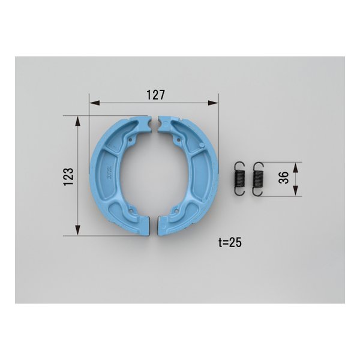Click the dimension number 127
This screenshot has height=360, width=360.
coord(155,95)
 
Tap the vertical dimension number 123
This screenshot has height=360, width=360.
coord(69,177)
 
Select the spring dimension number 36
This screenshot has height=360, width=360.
coord(284,178)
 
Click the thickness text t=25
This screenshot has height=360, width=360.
coord(230,242)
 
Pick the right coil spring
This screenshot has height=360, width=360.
coord(257,179)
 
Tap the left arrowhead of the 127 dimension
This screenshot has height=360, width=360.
coord(95,103)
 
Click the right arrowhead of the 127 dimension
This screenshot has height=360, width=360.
coord(213,103)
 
